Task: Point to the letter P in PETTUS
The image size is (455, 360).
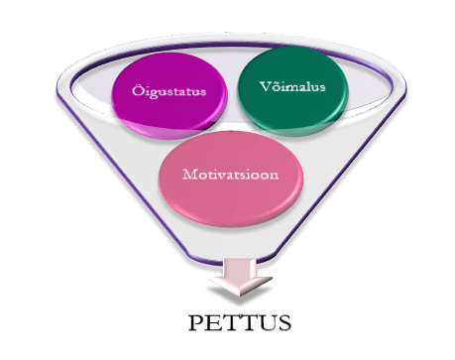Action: click(192, 324)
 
